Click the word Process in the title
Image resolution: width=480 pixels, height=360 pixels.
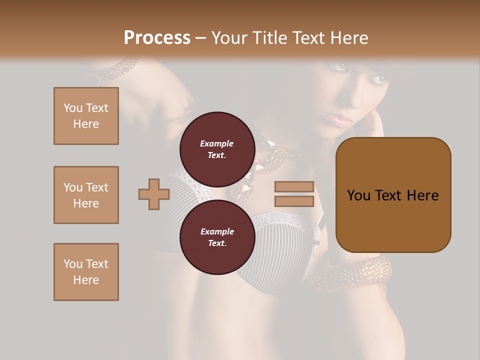[x=157, y=38]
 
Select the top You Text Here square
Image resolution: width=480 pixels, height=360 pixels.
[x=86, y=116]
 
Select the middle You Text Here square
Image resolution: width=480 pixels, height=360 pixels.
[x=86, y=195]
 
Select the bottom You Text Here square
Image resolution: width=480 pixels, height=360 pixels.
[x=86, y=272]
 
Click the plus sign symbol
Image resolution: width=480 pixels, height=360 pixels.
[x=154, y=194]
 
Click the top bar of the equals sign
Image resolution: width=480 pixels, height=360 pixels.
[x=294, y=186]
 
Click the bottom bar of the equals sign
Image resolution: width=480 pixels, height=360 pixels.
[x=294, y=201]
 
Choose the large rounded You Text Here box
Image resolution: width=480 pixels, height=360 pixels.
[x=393, y=195]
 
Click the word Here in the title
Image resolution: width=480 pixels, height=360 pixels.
[x=349, y=38]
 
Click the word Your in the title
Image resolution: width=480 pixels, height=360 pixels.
[x=230, y=38]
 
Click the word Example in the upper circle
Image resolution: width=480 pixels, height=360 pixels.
[x=216, y=143]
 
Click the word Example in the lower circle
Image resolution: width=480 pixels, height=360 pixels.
[x=217, y=231]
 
